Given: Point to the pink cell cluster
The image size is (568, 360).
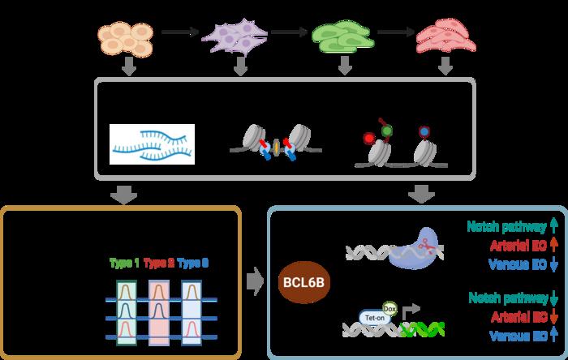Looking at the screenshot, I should [445, 36].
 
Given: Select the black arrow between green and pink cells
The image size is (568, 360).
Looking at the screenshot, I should [395, 32].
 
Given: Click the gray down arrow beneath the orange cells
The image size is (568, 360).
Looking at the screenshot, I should [128, 68].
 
